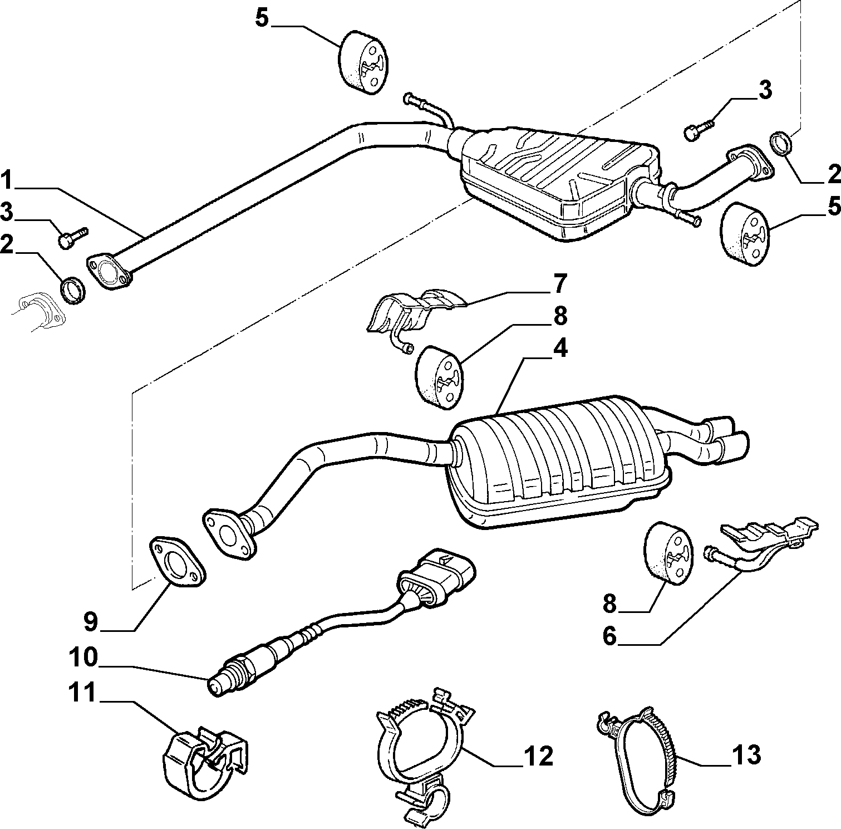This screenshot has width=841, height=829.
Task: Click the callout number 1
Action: point(9,180)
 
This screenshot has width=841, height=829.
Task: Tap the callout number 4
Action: point(559,348)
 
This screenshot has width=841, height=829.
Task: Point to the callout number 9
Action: point(91,621)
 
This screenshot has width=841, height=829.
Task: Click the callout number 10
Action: point(83,658)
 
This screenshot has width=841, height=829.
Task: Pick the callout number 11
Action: point(83,694)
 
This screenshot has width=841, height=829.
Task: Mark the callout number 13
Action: point(745,756)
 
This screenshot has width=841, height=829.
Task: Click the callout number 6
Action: point(610,636)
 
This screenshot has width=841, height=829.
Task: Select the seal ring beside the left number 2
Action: point(72,290)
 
